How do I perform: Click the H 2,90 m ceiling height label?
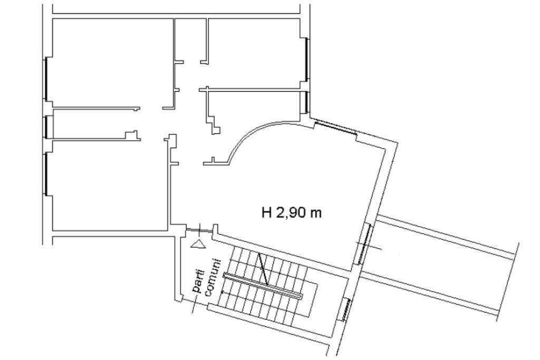coord(292,212)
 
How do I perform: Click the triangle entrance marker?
coord(198,244)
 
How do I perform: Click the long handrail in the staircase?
coord(263,285)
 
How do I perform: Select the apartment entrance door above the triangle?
coord(199,230)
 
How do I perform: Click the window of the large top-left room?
coord(45,79)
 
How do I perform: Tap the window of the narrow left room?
coord(45,127)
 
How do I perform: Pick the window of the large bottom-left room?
coord(45,174)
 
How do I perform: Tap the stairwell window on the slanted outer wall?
coord(346,309)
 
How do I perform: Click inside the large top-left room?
coord(112,62)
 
